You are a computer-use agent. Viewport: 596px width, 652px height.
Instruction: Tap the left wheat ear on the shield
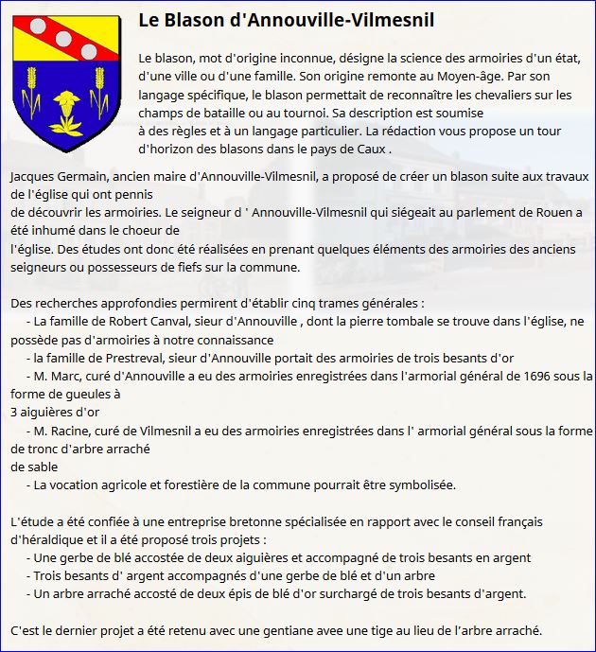[36, 104]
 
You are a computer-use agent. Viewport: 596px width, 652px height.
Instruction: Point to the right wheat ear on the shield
[96, 104]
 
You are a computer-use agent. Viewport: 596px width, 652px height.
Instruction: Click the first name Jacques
[33, 177]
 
